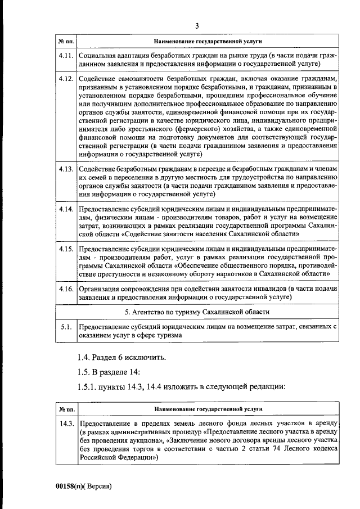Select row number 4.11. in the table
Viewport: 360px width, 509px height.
tap(66, 57)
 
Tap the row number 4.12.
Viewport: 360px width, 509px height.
tap(66, 78)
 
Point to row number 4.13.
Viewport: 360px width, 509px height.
tap(66, 168)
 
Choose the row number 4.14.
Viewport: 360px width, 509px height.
tap(66, 209)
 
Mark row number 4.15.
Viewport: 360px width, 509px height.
tap(66, 248)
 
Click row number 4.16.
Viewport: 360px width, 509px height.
tap(66, 288)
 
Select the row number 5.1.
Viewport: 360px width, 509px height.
tap(66, 326)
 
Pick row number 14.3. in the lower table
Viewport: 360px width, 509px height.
tap(66, 423)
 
